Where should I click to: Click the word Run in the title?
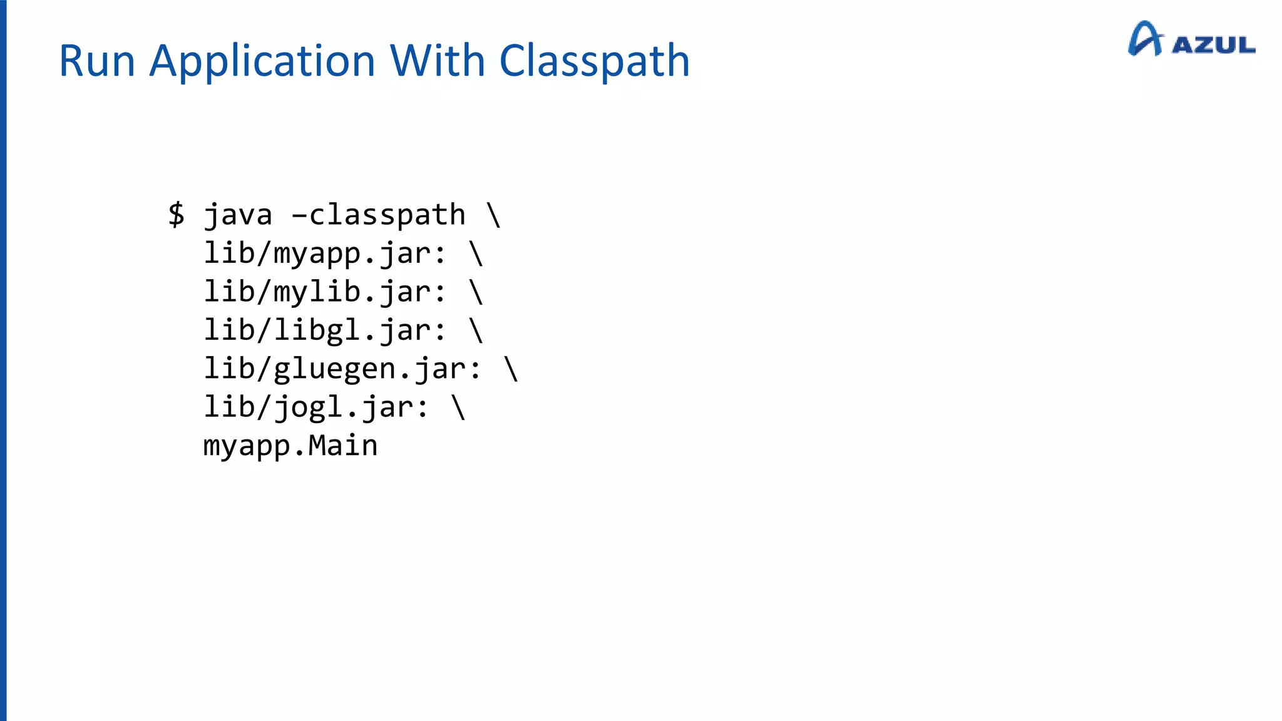click(97, 61)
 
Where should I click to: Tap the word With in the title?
click(438, 61)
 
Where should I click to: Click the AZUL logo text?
click(1214, 45)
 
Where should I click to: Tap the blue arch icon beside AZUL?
click(1145, 39)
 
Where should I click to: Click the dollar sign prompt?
click(177, 215)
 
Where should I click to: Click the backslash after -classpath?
click(493, 215)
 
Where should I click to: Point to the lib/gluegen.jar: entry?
click(343, 369)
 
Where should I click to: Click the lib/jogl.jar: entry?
click(317, 407)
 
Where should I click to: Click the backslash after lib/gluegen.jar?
click(511, 368)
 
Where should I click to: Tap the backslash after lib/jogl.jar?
click(458, 407)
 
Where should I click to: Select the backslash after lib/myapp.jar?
click(476, 253)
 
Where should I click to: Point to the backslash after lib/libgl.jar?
click(476, 330)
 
